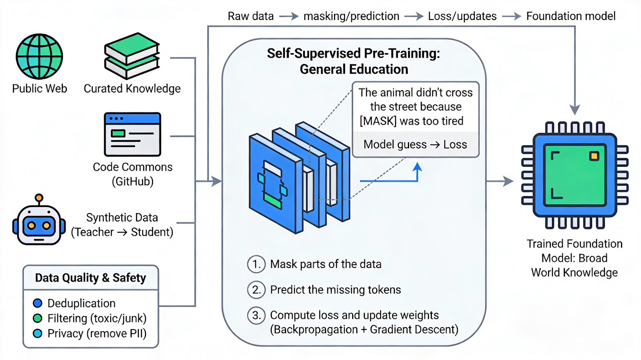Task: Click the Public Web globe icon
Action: (x=39, y=56)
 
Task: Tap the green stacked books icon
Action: (x=132, y=56)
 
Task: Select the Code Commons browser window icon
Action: (x=133, y=135)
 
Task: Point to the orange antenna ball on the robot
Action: (x=39, y=197)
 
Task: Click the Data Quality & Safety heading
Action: (x=91, y=278)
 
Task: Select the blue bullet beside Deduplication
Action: (x=38, y=303)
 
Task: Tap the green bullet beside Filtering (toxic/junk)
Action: (x=38, y=318)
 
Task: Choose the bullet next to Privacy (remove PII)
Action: (x=38, y=333)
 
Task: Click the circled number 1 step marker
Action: (x=256, y=264)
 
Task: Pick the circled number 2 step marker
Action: (x=256, y=290)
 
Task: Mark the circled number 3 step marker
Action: (x=256, y=315)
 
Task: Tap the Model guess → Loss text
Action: (x=415, y=145)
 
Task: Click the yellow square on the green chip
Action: (x=594, y=156)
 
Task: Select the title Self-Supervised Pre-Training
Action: (x=354, y=54)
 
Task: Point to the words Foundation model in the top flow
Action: (x=571, y=16)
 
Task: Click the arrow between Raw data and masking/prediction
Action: (x=289, y=16)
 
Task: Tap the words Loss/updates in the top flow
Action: (x=462, y=16)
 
